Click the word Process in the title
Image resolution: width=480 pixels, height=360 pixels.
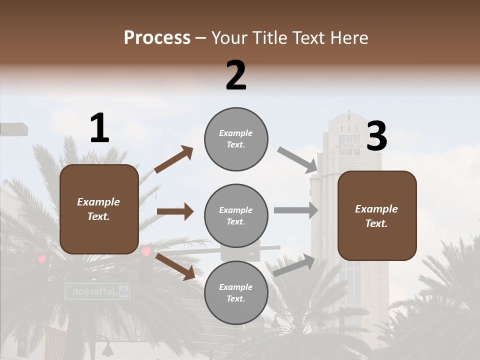pos(157,37)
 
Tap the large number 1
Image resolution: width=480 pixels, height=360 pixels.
pos(99,128)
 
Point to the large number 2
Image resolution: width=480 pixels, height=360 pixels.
pos(236,75)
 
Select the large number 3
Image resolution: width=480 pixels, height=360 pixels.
pos(377,136)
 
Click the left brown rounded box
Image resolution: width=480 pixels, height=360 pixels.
pos(99,209)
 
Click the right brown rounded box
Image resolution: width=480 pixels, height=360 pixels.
pos(377,215)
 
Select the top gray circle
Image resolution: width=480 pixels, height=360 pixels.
pos(236,139)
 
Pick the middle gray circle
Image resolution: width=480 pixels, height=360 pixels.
pos(236,215)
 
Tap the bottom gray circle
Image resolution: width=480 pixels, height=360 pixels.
pos(236,292)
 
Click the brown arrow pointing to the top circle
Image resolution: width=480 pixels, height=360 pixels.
pos(173,159)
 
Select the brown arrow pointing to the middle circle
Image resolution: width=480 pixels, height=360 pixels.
pos(175,211)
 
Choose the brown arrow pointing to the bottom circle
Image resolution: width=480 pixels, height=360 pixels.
pos(175,266)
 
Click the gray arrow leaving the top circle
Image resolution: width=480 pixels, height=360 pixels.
pos(297,158)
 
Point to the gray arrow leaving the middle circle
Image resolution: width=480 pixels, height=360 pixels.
pos(296,210)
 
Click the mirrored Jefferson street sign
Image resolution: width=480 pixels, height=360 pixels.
pos(97,291)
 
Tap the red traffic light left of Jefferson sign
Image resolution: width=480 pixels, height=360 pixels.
pos(42,259)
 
